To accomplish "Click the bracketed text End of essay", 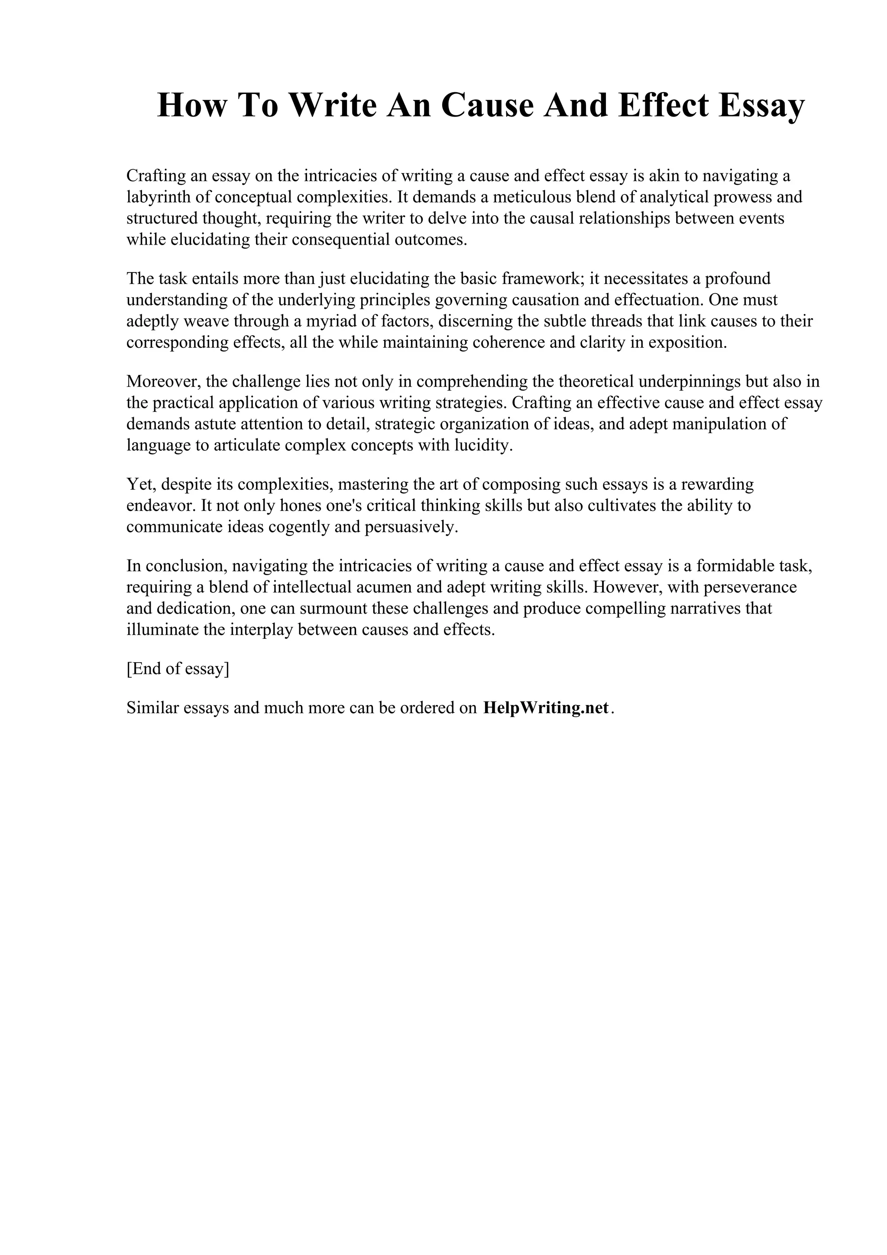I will [178, 669].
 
